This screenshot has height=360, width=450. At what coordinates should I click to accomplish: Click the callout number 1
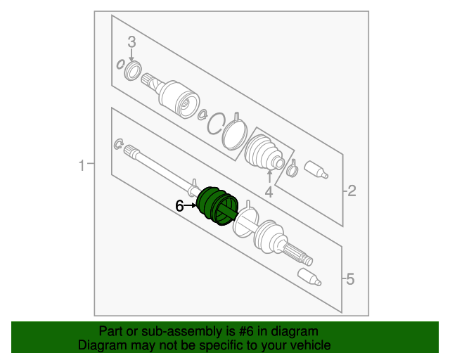tap(82, 166)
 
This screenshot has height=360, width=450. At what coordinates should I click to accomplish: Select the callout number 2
tap(352, 191)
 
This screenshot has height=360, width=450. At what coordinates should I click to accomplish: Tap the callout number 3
tap(131, 42)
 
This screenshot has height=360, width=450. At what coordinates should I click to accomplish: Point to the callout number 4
tap(269, 192)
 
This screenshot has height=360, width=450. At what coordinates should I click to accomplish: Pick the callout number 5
tap(350, 278)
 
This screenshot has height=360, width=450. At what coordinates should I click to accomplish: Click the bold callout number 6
tap(179, 206)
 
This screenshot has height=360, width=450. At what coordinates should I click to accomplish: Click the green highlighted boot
tap(217, 205)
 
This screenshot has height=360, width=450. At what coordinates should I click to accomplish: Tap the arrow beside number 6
tap(191, 205)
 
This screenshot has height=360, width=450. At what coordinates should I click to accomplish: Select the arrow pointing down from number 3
tap(131, 55)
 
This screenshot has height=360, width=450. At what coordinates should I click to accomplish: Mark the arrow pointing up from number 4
tap(269, 176)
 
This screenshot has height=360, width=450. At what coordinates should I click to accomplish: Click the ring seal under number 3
tap(133, 70)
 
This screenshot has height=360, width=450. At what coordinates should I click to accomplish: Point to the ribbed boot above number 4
tap(264, 153)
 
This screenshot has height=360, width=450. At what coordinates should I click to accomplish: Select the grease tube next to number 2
tap(316, 169)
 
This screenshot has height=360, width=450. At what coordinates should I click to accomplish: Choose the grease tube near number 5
tap(309, 277)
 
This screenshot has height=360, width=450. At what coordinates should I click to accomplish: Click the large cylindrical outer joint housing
tap(179, 99)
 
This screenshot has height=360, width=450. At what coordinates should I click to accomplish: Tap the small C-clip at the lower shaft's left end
tap(118, 144)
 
